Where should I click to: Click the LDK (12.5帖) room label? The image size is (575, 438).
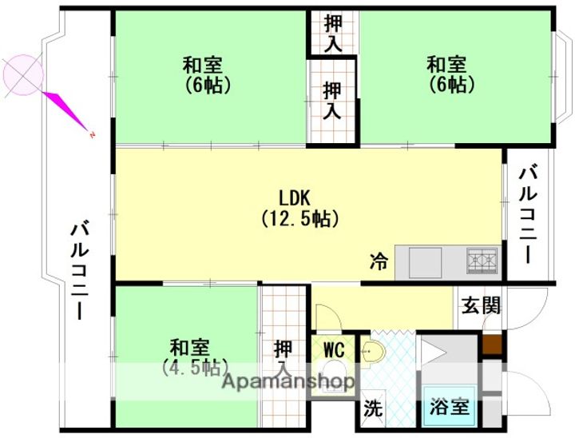point(299,207)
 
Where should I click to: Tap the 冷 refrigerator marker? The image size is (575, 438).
point(379,260)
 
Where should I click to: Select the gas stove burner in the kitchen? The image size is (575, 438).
point(482,260)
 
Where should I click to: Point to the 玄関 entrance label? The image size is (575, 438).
point(481,305)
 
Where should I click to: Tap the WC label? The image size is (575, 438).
point(334,349)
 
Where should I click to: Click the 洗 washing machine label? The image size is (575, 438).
point(373,408)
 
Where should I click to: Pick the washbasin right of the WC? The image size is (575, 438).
point(371,352)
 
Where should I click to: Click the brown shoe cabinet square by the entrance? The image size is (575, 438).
point(493,344)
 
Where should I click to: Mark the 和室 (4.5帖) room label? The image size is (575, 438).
point(189,358)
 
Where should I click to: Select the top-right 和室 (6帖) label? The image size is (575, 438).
point(446,74)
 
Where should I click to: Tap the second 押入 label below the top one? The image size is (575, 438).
point(333,101)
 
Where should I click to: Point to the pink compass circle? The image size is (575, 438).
point(23,75)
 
